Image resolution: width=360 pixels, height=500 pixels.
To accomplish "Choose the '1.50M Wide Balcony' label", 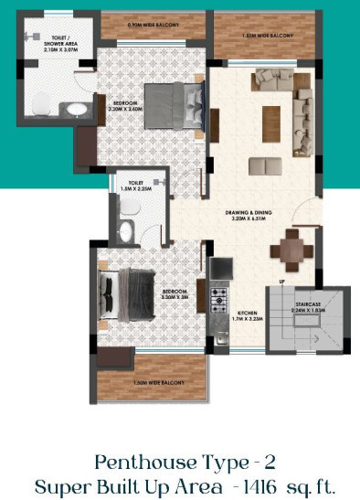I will coord(159,382).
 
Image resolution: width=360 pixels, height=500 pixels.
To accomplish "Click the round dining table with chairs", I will coord(292,244).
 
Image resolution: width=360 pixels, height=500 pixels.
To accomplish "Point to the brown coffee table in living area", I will coord(271,123).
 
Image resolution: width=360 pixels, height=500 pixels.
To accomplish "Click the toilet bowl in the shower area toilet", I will coord(38,106).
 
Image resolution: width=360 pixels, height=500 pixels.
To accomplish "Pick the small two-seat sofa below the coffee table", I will coord(265,165).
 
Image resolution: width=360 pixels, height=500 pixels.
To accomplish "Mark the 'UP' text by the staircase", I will coord(282,282).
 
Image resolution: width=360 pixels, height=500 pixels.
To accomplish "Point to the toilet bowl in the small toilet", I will coord(127,230).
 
